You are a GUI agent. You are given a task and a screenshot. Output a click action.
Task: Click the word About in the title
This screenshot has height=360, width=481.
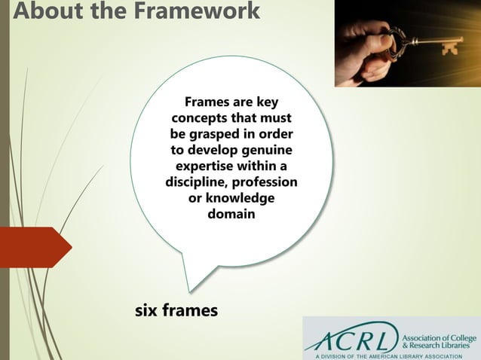[x=33, y=12]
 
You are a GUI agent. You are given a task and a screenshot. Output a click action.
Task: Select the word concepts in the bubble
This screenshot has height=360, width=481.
[x=201, y=119]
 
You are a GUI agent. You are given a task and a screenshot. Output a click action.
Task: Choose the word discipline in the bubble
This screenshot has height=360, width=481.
[x=196, y=182]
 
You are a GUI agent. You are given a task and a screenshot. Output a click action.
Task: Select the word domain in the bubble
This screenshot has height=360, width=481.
[x=231, y=214]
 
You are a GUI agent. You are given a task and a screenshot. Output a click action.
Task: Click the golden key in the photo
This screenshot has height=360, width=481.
[x=426, y=38]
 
